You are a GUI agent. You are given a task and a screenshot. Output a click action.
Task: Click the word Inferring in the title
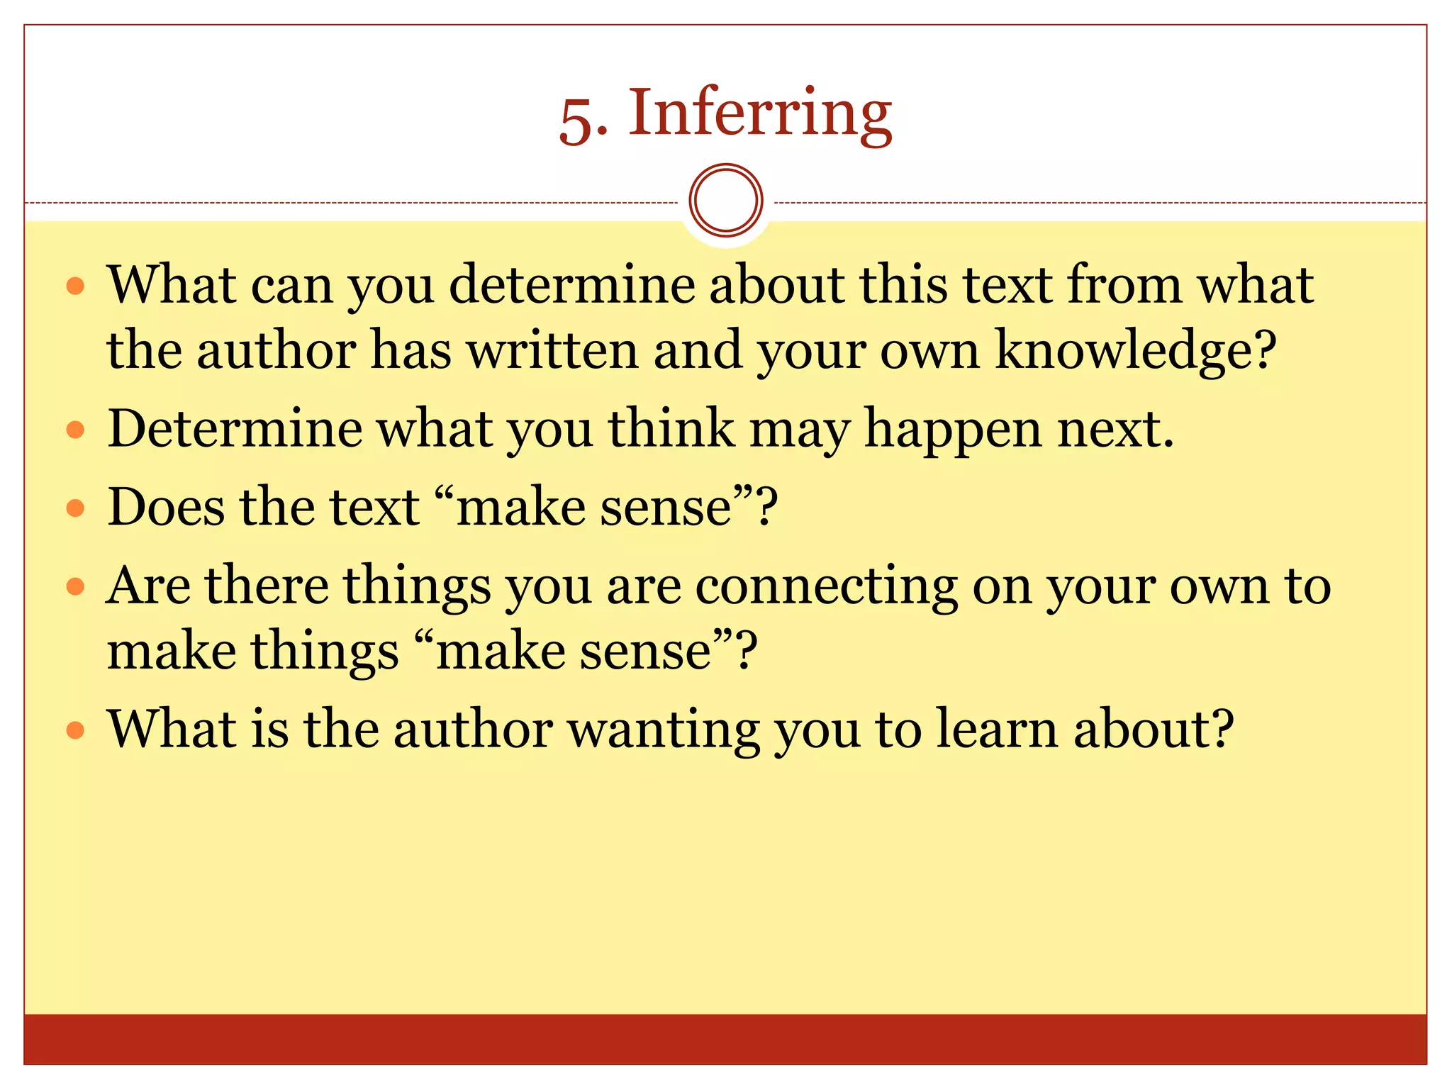pyautogui.click(x=759, y=113)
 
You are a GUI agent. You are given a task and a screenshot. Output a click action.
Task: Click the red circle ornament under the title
pyautogui.click(x=725, y=201)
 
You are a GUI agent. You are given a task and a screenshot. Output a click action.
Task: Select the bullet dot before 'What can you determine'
pyautogui.click(x=75, y=286)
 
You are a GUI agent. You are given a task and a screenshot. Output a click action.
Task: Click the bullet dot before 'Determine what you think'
pyautogui.click(x=75, y=430)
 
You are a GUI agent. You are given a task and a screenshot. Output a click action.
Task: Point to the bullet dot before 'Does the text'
pyautogui.click(x=75, y=508)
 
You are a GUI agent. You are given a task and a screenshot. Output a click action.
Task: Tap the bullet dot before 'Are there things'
pyautogui.click(x=75, y=586)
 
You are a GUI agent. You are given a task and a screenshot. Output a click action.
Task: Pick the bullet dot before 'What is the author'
pyautogui.click(x=75, y=730)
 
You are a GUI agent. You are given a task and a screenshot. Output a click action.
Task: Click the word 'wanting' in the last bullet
pyautogui.click(x=663, y=730)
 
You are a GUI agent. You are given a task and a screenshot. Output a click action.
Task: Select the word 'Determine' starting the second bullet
pyautogui.click(x=235, y=430)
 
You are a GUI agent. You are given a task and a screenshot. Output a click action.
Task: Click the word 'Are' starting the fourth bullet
pyautogui.click(x=148, y=586)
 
